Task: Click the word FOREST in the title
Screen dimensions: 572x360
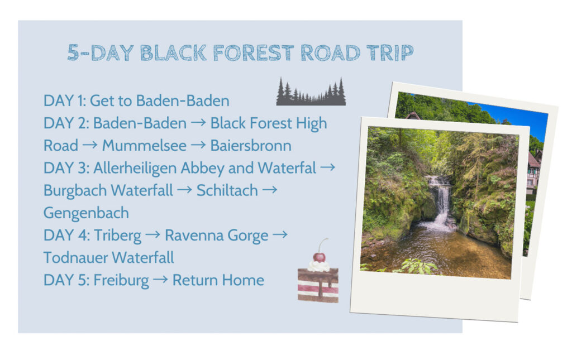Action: pos(254,53)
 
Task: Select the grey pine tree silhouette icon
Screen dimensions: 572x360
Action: pos(311,92)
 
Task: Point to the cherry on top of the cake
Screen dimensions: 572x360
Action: pos(319,257)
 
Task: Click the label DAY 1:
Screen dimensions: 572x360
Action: pos(65,101)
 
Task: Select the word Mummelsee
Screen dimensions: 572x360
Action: pos(144,146)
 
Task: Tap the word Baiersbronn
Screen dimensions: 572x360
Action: pos(251,146)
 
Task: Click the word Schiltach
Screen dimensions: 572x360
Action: pos(227,190)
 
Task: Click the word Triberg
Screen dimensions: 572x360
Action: pos(117,236)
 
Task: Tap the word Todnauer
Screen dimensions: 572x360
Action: pos(75,258)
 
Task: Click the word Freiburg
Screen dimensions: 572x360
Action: pos(121,281)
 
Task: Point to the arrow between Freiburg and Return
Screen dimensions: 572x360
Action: pos(160,280)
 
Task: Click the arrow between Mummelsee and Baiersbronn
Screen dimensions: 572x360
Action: pos(198,145)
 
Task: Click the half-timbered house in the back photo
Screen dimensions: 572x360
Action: pos(533,174)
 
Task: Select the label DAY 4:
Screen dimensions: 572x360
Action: pos(66,236)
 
